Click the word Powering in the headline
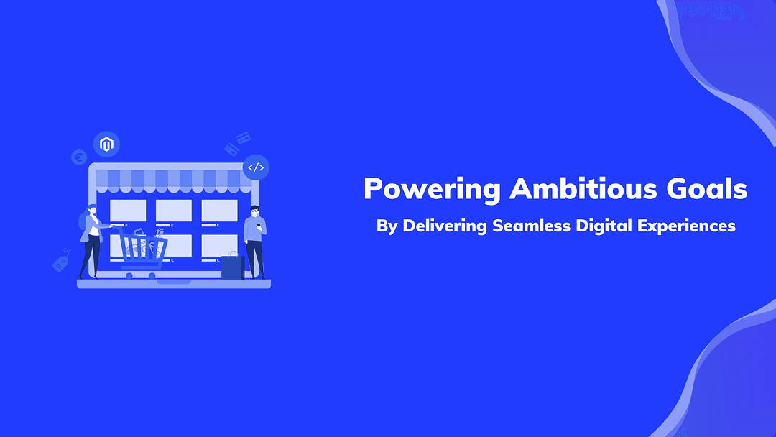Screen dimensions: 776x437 pos(432,190)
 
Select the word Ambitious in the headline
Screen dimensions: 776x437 pos(583,188)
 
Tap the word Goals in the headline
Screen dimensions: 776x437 pos(707,188)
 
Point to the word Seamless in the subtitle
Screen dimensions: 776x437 pos(531,226)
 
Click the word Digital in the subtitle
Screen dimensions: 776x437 pos(604,226)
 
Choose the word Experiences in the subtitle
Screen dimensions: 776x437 pos(686,226)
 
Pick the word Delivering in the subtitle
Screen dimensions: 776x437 pos(445,226)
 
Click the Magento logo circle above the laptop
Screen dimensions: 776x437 pos(106,144)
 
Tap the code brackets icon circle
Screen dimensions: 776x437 pos(256,167)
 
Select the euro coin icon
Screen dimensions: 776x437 pos(79,157)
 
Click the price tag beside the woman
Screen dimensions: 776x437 pos(61,261)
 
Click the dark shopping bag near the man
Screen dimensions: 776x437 pos(233,266)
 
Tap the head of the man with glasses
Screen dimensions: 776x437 pos(254,211)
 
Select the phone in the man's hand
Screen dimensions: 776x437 pos(259,226)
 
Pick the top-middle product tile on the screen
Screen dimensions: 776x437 pos(174,211)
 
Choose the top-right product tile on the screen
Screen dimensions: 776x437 pos(219,211)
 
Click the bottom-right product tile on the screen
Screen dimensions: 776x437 pos(219,246)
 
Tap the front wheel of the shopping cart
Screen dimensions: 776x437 pos(152,276)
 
